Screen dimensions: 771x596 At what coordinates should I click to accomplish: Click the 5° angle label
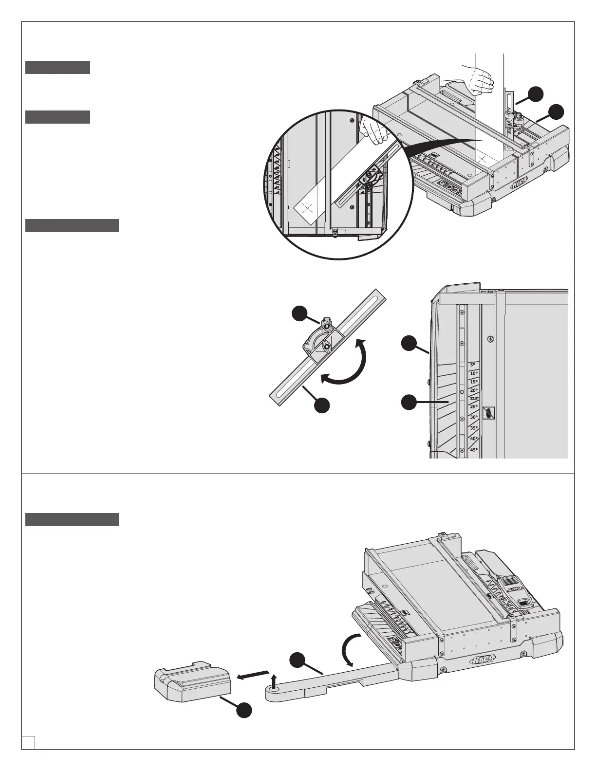coord(472,365)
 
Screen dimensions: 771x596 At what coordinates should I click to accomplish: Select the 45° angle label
coord(474,450)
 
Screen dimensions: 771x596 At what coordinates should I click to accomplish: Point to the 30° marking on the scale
coord(474,417)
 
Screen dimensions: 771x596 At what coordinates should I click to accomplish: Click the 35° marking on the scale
coord(474,428)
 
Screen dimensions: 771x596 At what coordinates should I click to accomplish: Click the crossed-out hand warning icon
coord(489,413)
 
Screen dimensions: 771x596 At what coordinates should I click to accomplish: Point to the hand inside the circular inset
coord(372,131)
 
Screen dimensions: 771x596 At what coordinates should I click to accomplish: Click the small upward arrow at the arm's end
coord(274,680)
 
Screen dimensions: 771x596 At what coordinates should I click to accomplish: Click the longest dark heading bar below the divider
coord(72,519)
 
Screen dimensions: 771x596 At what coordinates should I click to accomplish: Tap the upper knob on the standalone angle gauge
coord(326,322)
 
